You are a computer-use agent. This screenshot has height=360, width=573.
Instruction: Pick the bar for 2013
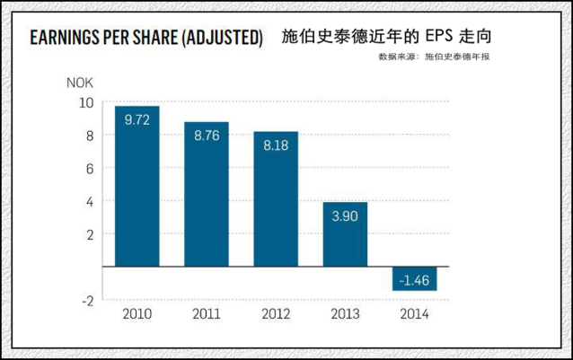click(x=345, y=234)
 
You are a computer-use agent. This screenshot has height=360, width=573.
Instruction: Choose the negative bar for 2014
click(x=414, y=278)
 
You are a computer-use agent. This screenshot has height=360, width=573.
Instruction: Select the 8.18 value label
click(x=276, y=145)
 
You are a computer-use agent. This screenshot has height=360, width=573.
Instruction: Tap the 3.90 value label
click(x=345, y=216)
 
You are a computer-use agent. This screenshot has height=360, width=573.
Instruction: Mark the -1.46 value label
click(x=414, y=281)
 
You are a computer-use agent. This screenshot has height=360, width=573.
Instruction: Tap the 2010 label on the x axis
click(x=137, y=314)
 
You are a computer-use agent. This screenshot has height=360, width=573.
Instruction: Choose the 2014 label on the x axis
click(x=414, y=314)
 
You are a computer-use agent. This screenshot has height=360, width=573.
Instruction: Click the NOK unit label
click(x=80, y=83)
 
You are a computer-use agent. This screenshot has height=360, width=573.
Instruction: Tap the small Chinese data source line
click(x=434, y=57)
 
